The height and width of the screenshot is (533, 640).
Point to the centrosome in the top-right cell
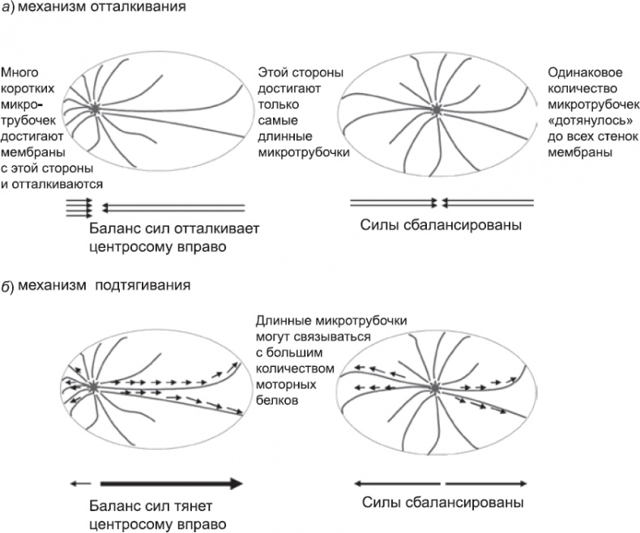click(437, 109)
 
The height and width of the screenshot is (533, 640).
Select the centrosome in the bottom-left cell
click(96, 386)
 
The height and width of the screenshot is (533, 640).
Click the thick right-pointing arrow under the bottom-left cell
click(170, 484)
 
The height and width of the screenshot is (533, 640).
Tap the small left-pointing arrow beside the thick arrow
click(81, 484)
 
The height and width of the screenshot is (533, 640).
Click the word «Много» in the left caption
click(19, 72)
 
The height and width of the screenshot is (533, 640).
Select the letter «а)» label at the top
click(10, 11)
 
